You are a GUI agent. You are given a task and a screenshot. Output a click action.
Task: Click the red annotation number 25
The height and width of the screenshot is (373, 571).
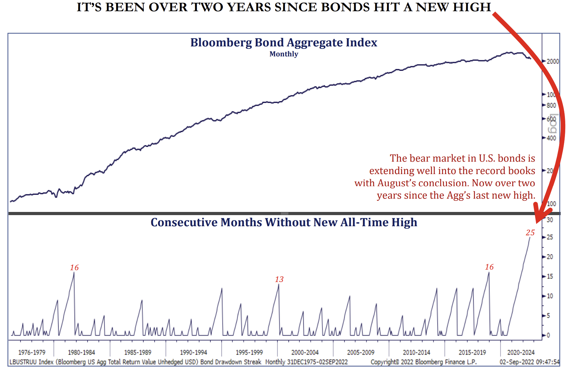[x=530, y=233]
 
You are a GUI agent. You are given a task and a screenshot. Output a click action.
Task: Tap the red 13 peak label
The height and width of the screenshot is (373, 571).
[x=279, y=279]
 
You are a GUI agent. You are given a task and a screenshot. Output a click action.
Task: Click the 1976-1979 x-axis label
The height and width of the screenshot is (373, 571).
[x=32, y=352]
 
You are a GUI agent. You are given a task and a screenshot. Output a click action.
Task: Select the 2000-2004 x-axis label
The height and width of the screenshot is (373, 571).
[x=305, y=352]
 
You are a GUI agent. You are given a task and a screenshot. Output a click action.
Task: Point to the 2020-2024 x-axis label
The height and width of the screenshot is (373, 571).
[x=521, y=352]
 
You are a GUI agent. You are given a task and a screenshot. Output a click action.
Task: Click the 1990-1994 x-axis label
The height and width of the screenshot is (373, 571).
[x=193, y=352]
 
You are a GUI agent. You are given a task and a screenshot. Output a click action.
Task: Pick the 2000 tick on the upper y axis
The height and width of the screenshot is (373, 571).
[x=552, y=61]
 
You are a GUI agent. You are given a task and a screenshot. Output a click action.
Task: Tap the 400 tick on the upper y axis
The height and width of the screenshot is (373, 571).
[x=551, y=138]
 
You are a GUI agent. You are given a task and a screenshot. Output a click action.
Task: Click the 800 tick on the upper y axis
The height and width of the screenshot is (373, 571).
[x=551, y=106]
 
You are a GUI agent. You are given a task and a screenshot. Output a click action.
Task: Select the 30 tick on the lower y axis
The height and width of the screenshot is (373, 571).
[x=550, y=220]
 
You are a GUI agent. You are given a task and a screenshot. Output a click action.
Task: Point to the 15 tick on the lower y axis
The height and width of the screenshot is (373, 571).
[x=550, y=276]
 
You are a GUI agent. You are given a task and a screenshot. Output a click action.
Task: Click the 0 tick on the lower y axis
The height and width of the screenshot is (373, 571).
[x=548, y=335]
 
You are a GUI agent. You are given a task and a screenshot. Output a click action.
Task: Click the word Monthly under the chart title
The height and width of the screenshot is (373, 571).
[x=284, y=54]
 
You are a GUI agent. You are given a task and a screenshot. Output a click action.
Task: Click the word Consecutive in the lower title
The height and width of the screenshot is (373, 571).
[x=184, y=222]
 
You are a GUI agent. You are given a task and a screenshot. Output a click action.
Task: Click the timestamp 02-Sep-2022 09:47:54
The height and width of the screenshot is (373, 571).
[x=529, y=362]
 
